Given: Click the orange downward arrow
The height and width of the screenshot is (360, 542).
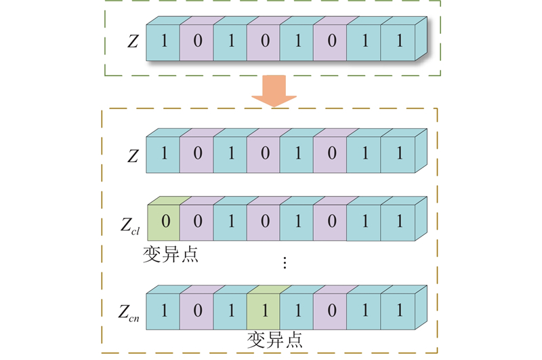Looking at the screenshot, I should click(274, 92).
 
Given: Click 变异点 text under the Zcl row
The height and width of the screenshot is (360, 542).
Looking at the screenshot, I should click(171, 254).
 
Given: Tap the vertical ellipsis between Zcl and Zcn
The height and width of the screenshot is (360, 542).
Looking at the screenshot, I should click(285, 264).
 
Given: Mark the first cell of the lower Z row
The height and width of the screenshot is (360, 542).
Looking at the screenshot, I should click(163, 154).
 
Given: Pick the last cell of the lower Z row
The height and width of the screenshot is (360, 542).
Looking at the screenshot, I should click(398, 154).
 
